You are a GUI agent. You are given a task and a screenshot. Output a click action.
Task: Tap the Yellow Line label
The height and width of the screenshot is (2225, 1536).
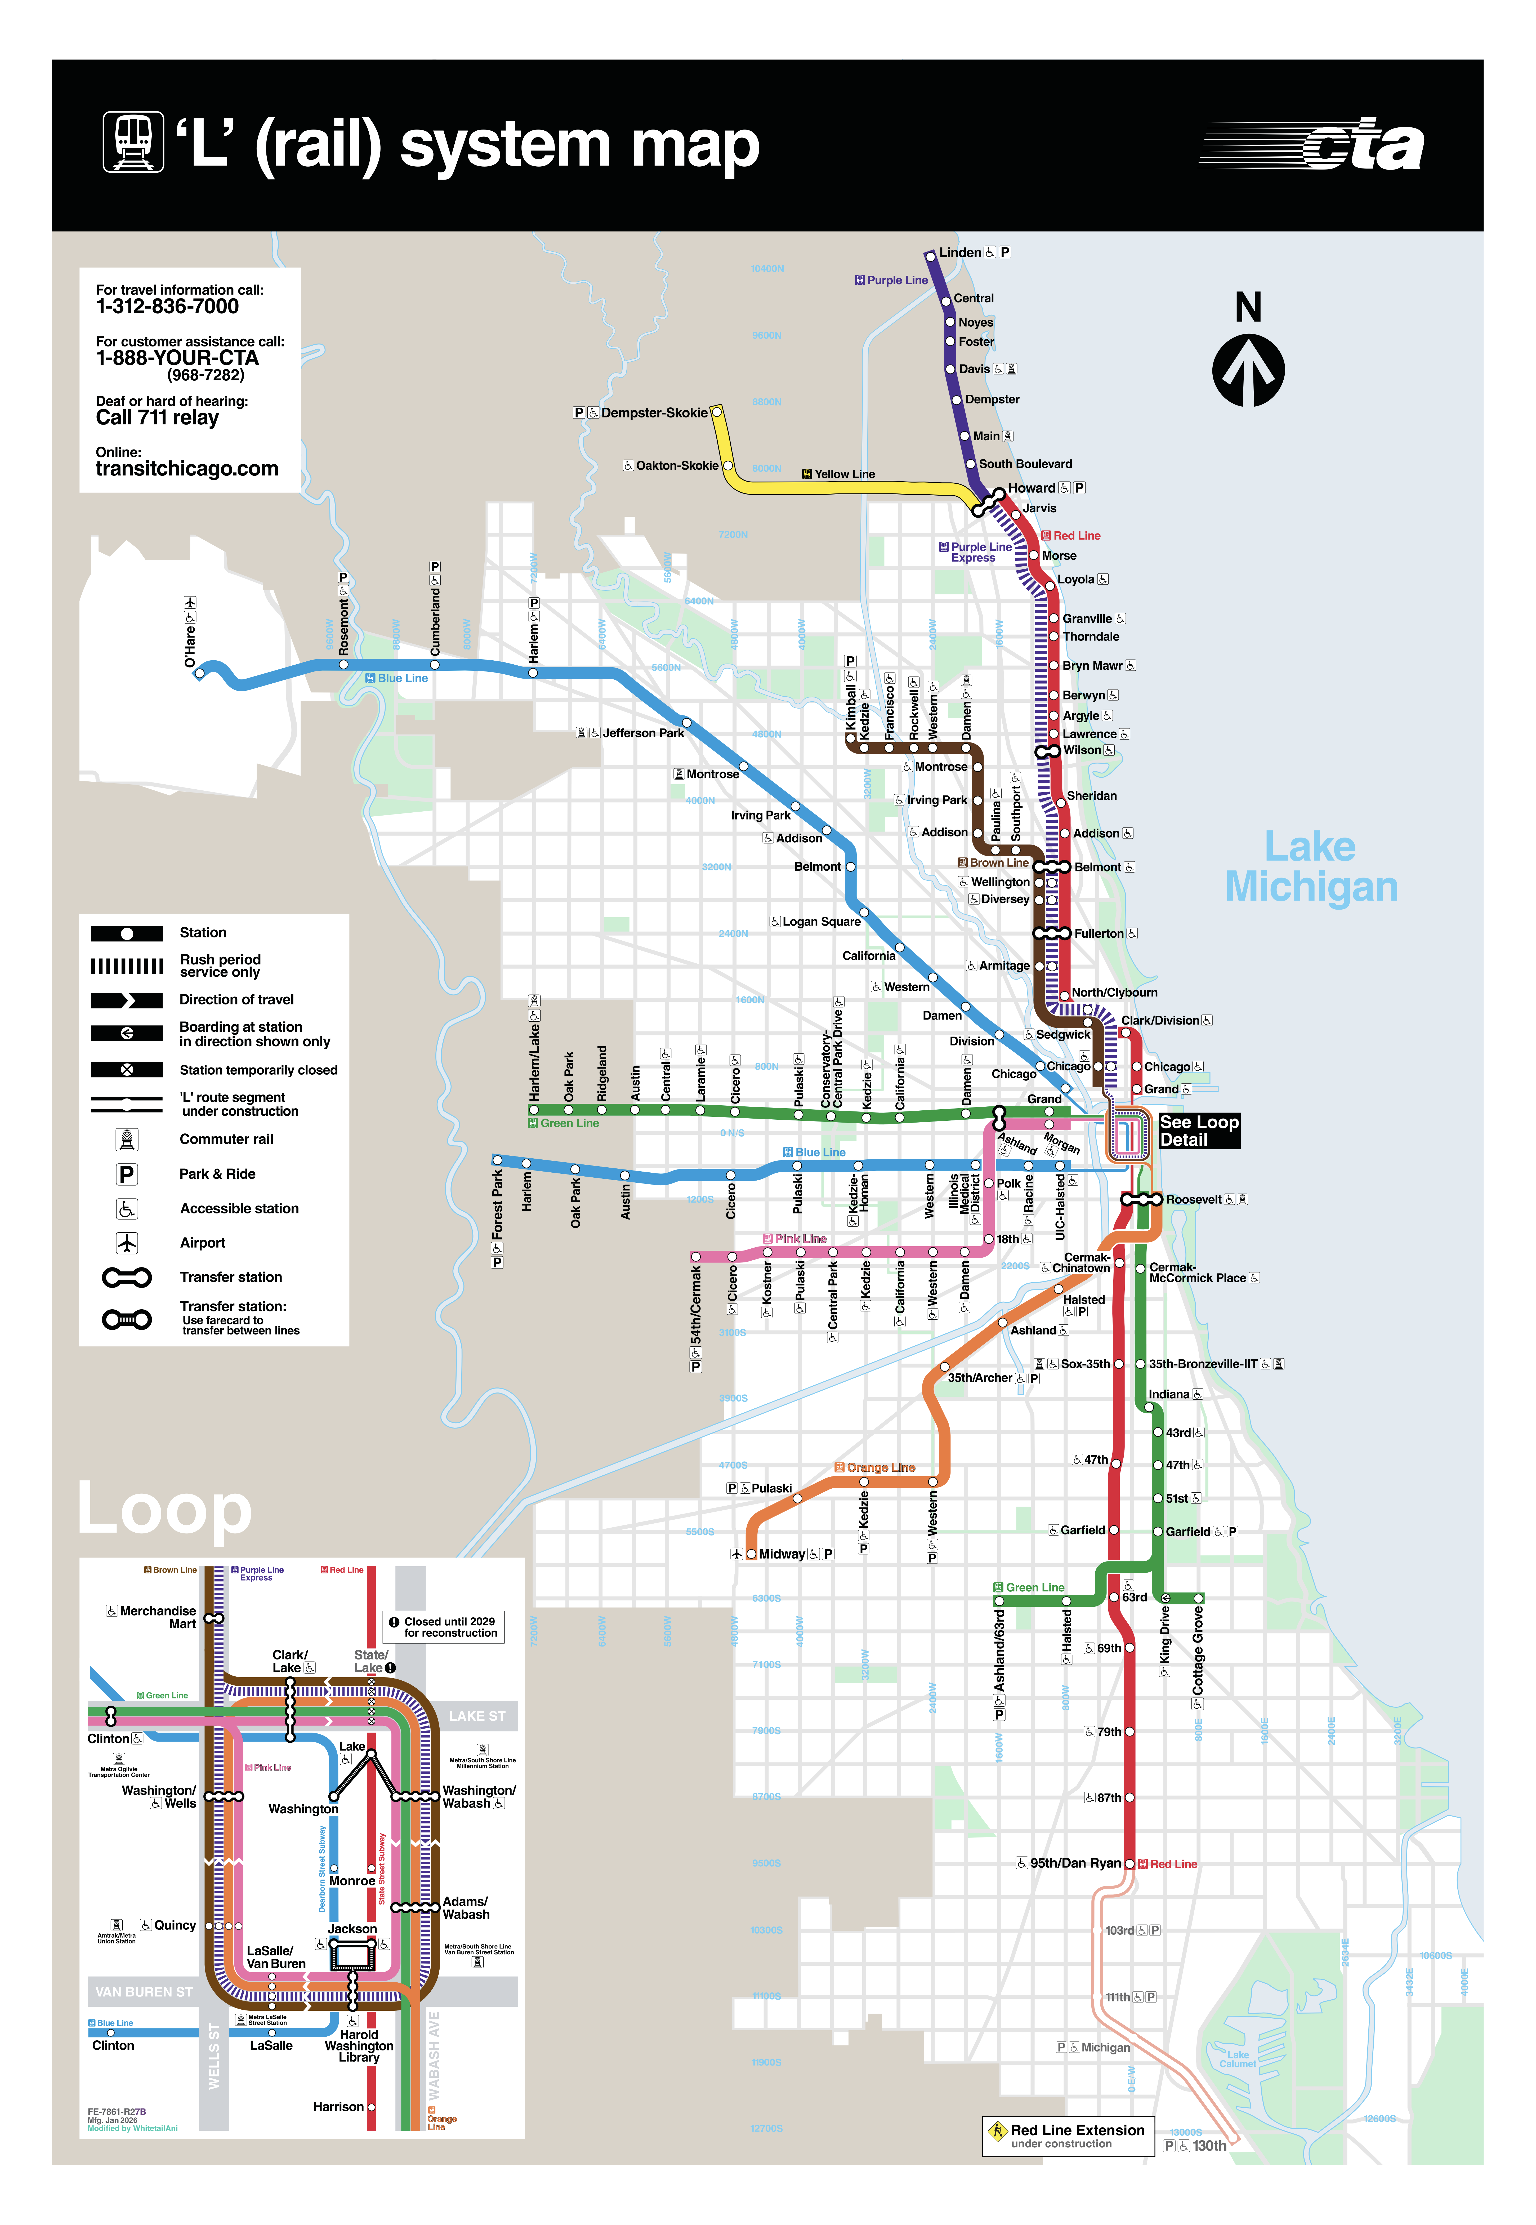(844, 474)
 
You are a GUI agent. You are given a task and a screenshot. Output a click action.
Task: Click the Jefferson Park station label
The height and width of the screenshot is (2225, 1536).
(643, 733)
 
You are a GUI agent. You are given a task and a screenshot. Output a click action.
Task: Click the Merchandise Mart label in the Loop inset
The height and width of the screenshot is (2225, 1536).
(158, 1617)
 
